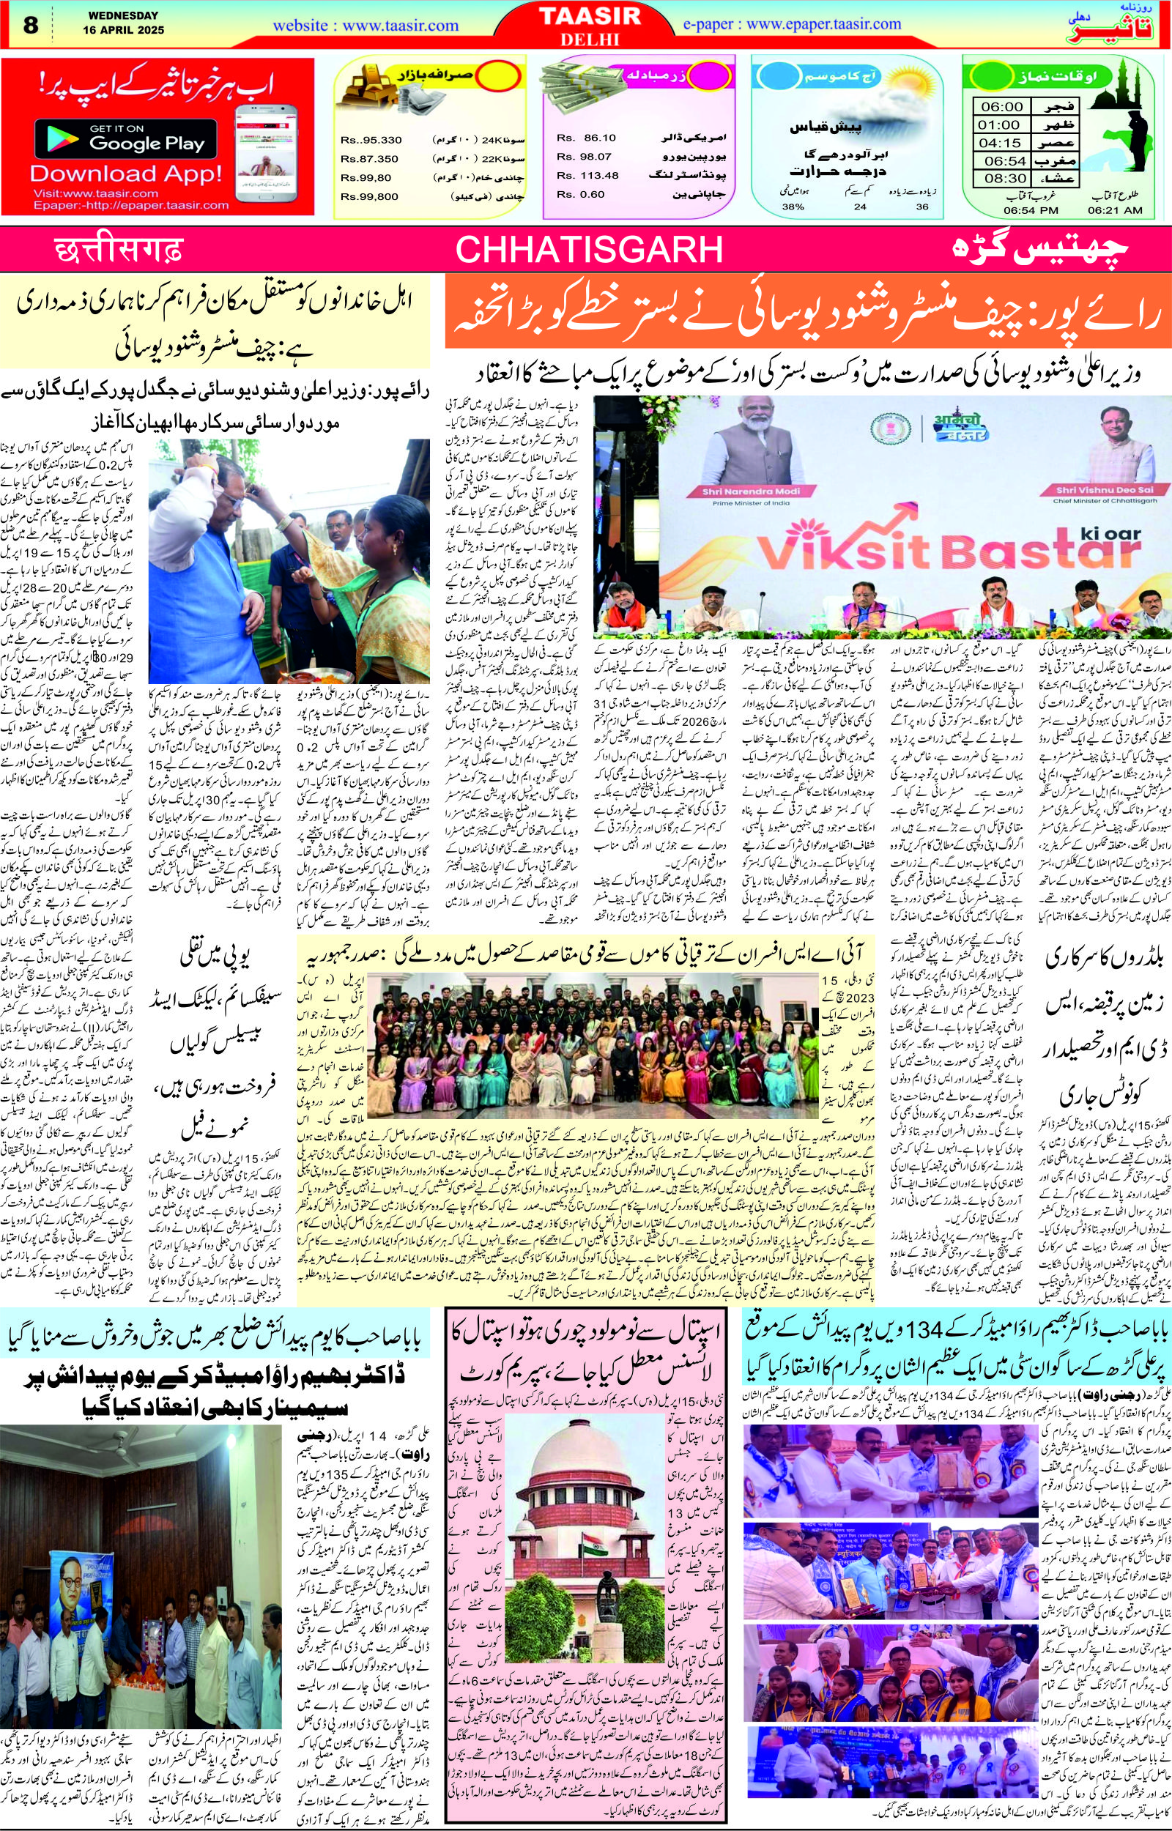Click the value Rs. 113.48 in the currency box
[x=587, y=176]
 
